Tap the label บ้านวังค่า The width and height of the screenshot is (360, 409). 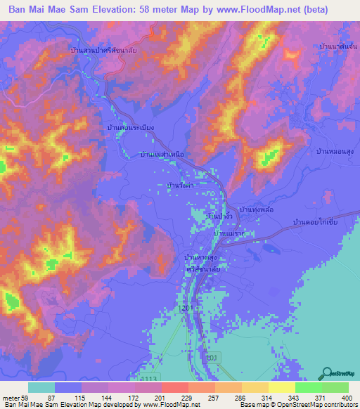coord(180,185)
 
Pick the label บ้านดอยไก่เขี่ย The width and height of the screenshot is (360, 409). coord(316,222)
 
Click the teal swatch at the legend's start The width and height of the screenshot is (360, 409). coord(41,387)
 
